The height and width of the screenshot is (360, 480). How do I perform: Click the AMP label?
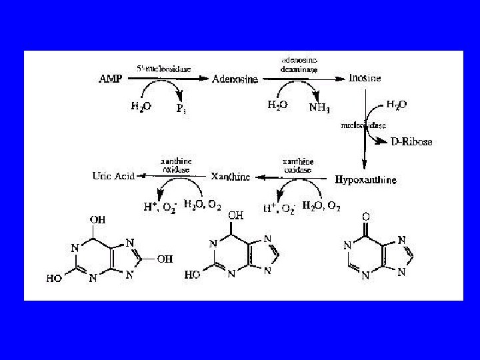point(111,79)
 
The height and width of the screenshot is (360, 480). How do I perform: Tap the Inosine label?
point(365,78)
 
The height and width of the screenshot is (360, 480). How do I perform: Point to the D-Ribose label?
point(411,141)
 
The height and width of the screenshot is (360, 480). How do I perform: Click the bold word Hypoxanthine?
point(365,180)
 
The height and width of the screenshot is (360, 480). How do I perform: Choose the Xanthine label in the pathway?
point(230,177)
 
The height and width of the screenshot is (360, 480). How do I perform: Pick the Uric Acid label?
point(113,176)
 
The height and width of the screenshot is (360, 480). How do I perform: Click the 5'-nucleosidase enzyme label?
point(157,68)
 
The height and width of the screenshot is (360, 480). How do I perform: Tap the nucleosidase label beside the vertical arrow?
point(363,125)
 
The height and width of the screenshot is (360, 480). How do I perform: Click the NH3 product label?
point(319,107)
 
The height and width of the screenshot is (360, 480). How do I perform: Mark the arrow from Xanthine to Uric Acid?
point(173,177)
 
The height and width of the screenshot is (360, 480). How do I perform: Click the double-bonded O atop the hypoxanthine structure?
point(365,217)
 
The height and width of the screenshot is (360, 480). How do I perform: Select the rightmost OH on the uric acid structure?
point(164,259)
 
